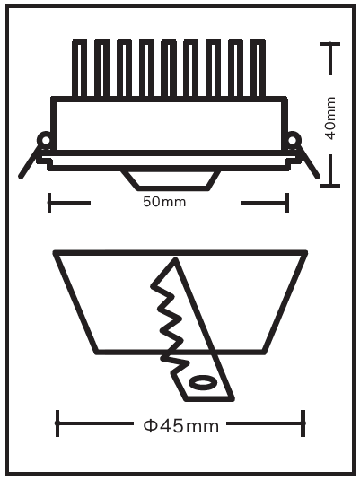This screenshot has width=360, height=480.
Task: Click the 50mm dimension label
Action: [164, 202]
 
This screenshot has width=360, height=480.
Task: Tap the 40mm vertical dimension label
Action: [330, 118]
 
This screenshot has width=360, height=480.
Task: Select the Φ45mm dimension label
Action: [181, 426]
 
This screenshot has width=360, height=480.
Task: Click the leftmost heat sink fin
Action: [79, 68]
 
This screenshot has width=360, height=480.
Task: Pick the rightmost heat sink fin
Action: [258, 68]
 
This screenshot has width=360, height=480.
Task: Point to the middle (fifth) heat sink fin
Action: [169, 68]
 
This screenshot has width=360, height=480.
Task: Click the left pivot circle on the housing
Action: [46, 141]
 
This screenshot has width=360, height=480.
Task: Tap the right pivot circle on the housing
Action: [293, 141]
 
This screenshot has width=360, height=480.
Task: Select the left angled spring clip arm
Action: [30, 162]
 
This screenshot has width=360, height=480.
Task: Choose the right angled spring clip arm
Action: [308, 162]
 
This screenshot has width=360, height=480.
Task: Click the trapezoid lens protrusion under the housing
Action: [171, 180]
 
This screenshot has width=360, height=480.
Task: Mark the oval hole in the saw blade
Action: [202, 382]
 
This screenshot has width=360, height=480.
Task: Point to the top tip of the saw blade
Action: [176, 259]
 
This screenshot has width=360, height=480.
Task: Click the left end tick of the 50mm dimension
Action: [49, 203]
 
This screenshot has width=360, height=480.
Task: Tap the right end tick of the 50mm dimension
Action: [286, 203]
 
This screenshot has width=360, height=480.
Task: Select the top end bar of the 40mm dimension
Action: [330, 44]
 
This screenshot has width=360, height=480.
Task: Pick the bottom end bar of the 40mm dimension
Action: [330, 186]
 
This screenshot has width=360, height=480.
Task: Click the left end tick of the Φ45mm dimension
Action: [57, 423]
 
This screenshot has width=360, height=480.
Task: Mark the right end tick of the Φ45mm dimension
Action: [303, 423]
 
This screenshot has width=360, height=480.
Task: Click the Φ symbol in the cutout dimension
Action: [150, 426]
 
